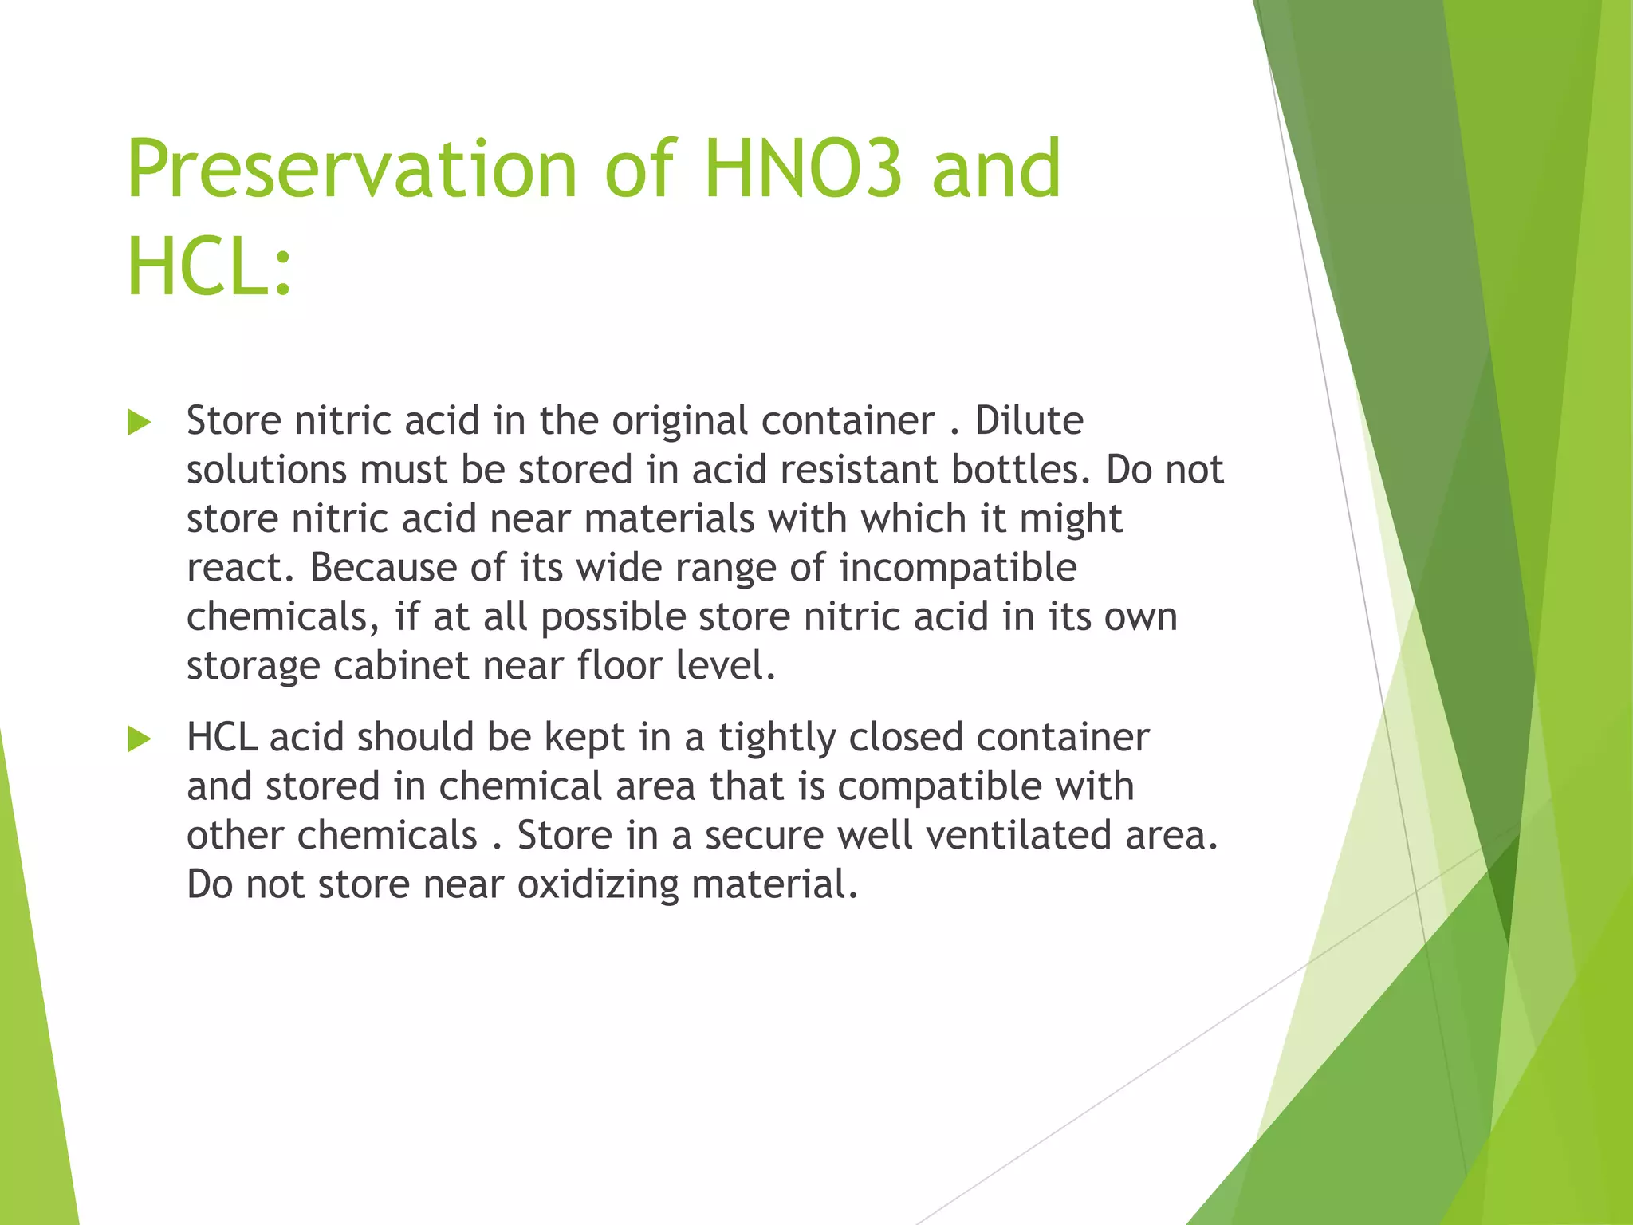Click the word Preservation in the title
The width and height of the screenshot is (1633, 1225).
pos(352,169)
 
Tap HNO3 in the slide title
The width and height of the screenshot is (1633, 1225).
pos(804,169)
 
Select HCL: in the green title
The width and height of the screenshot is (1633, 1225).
pos(210,267)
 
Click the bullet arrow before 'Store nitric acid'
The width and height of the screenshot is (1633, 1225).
pos(139,422)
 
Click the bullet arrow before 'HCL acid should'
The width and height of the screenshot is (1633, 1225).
pos(139,739)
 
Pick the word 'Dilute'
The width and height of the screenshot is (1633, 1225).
pos(1029,420)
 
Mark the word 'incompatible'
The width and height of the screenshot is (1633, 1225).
pos(958,568)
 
